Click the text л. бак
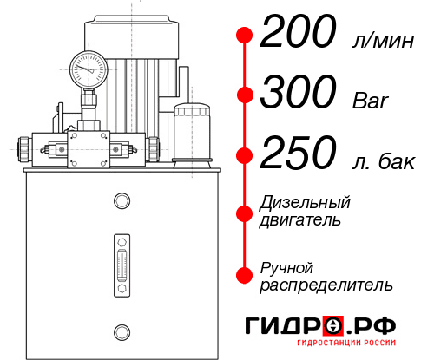coord(382,160)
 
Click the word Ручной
coord(286,266)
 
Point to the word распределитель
coord(326,284)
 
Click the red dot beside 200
coord(245,36)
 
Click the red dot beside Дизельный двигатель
coord(245,213)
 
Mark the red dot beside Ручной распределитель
coord(245,274)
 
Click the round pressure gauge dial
coord(88,67)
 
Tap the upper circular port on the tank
coord(122,202)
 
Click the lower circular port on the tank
coord(122,331)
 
